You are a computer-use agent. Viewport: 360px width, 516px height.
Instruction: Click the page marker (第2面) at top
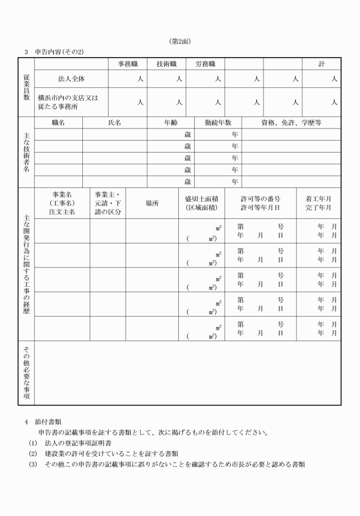tap(180, 41)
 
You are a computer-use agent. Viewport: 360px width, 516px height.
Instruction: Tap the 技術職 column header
tap(166, 64)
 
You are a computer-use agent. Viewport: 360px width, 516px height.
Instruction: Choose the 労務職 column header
tap(205, 64)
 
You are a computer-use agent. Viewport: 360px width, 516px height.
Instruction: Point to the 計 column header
tap(321, 64)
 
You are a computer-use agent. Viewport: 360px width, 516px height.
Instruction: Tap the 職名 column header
tap(58, 122)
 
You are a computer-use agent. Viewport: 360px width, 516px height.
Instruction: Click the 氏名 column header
tap(114, 122)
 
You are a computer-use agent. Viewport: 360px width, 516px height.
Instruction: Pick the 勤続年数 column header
tap(218, 122)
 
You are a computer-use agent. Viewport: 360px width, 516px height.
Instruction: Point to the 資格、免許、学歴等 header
tap(291, 122)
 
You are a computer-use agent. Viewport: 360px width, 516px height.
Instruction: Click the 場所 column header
tap(151, 203)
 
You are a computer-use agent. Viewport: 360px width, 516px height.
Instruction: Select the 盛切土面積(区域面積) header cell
tap(201, 203)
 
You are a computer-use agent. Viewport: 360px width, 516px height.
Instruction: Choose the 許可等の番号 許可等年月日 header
tap(260, 203)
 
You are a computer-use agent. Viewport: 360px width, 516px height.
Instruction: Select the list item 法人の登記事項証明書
tap(78, 443)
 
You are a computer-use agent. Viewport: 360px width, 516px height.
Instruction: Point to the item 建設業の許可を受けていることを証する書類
tap(103, 454)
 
